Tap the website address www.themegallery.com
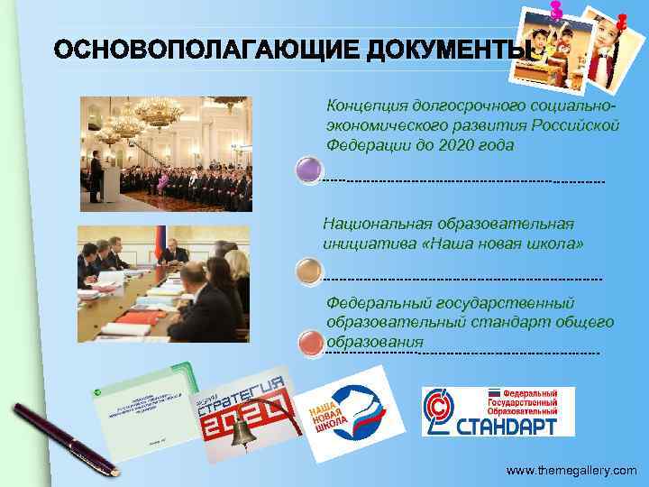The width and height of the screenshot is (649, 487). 571,471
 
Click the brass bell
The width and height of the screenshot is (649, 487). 241,435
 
